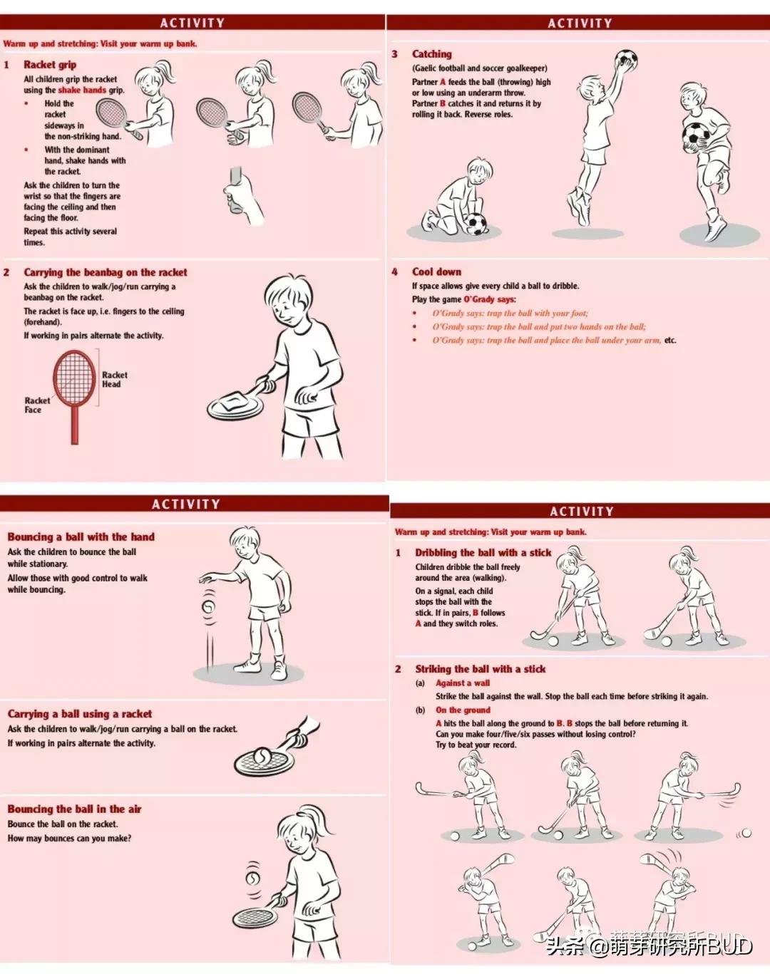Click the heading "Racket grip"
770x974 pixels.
[50, 65]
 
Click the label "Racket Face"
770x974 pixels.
[37, 405]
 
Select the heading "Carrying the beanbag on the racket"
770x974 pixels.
[106, 272]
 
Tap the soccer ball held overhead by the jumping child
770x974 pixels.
[625, 61]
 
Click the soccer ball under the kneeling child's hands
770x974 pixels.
[475, 224]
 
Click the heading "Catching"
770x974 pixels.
[431, 54]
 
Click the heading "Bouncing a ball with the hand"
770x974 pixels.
[81, 537]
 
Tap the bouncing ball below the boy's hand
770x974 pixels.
[208, 607]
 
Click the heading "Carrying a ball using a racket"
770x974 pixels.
[79, 714]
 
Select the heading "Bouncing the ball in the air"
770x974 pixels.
[74, 809]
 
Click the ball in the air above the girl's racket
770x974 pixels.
[253, 877]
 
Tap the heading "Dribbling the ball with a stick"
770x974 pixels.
[483, 553]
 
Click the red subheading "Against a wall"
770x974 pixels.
[462, 683]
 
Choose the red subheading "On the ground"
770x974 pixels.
[463, 710]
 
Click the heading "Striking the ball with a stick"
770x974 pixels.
[480, 669]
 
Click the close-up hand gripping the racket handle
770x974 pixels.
[240, 194]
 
